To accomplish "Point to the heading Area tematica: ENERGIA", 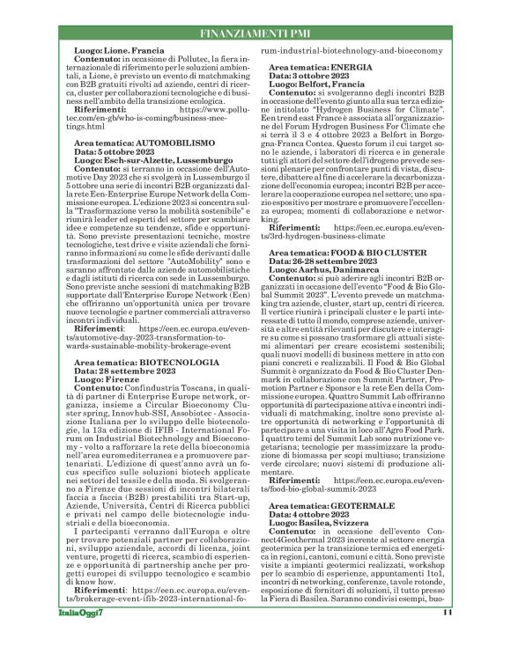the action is [321, 66].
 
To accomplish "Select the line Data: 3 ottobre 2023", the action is [306, 76].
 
